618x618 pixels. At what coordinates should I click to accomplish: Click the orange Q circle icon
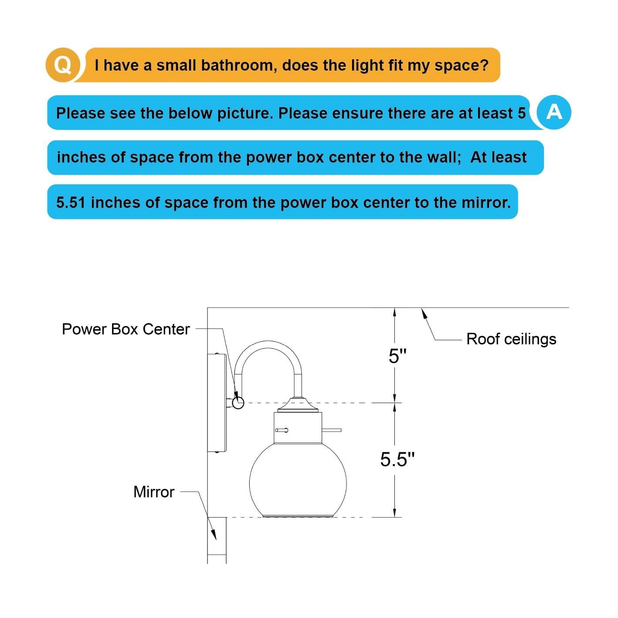(63, 65)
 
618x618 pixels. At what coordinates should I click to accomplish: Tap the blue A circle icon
(553, 112)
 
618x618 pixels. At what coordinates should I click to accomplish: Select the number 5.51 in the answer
(71, 202)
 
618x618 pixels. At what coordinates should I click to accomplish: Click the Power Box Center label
(126, 329)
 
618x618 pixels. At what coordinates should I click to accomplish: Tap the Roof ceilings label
(511, 339)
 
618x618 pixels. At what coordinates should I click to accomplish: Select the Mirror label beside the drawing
(153, 492)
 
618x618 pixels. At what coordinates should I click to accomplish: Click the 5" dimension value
(397, 356)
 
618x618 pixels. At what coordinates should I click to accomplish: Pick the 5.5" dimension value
(397, 459)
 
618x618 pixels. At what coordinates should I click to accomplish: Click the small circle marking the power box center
(238, 403)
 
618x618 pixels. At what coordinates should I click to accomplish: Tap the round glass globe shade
(298, 479)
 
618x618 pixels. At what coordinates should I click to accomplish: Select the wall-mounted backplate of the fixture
(217, 403)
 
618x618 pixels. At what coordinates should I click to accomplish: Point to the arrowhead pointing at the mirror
(213, 535)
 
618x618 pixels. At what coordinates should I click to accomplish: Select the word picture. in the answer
(245, 113)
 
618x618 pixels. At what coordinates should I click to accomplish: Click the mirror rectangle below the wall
(217, 540)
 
